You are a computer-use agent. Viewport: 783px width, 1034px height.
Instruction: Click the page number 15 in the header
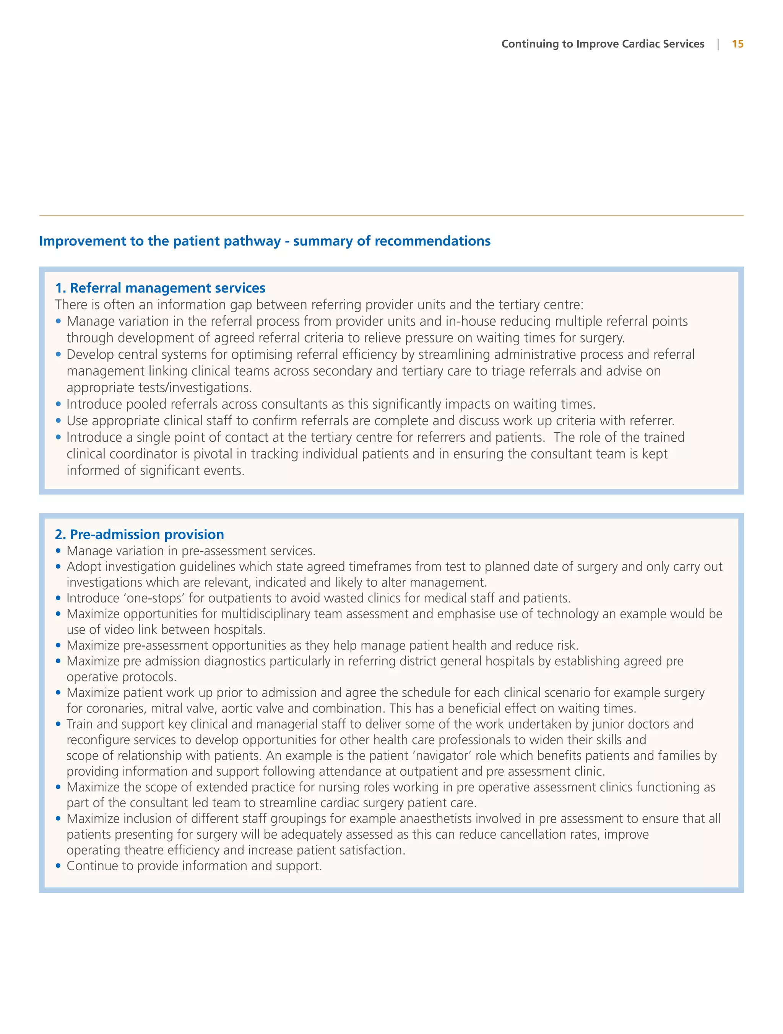tap(737, 44)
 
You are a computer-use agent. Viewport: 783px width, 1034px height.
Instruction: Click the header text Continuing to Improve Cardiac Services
tap(603, 44)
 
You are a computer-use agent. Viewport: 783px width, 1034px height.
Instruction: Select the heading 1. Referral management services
tap(160, 288)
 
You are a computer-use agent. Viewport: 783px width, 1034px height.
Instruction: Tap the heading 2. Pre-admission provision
tap(139, 534)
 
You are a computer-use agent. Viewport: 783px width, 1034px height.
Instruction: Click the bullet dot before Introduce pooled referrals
tap(58, 404)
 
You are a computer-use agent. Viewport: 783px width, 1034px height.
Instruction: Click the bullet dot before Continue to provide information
tap(58, 866)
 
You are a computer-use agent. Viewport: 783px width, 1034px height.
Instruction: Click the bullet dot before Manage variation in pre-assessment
tap(58, 551)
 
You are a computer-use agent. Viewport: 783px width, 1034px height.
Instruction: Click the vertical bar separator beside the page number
tap(718, 44)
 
